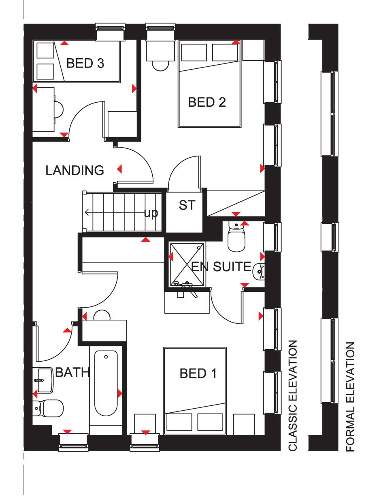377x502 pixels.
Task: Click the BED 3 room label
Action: pos(85,63)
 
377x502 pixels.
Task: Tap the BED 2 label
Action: pos(207,102)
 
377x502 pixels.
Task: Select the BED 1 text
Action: pos(198,373)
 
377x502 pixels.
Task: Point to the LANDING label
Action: pos(75,171)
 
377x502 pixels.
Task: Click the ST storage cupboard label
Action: pos(187,205)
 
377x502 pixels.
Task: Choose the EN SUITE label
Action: pos(221,266)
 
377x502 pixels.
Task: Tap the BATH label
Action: pos(72,372)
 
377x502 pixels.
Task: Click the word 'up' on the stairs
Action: pos(151,213)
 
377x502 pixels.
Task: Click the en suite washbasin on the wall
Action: pos(259,272)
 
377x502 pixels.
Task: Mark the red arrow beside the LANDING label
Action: pos(119,169)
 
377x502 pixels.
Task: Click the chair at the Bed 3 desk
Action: pos(59,110)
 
